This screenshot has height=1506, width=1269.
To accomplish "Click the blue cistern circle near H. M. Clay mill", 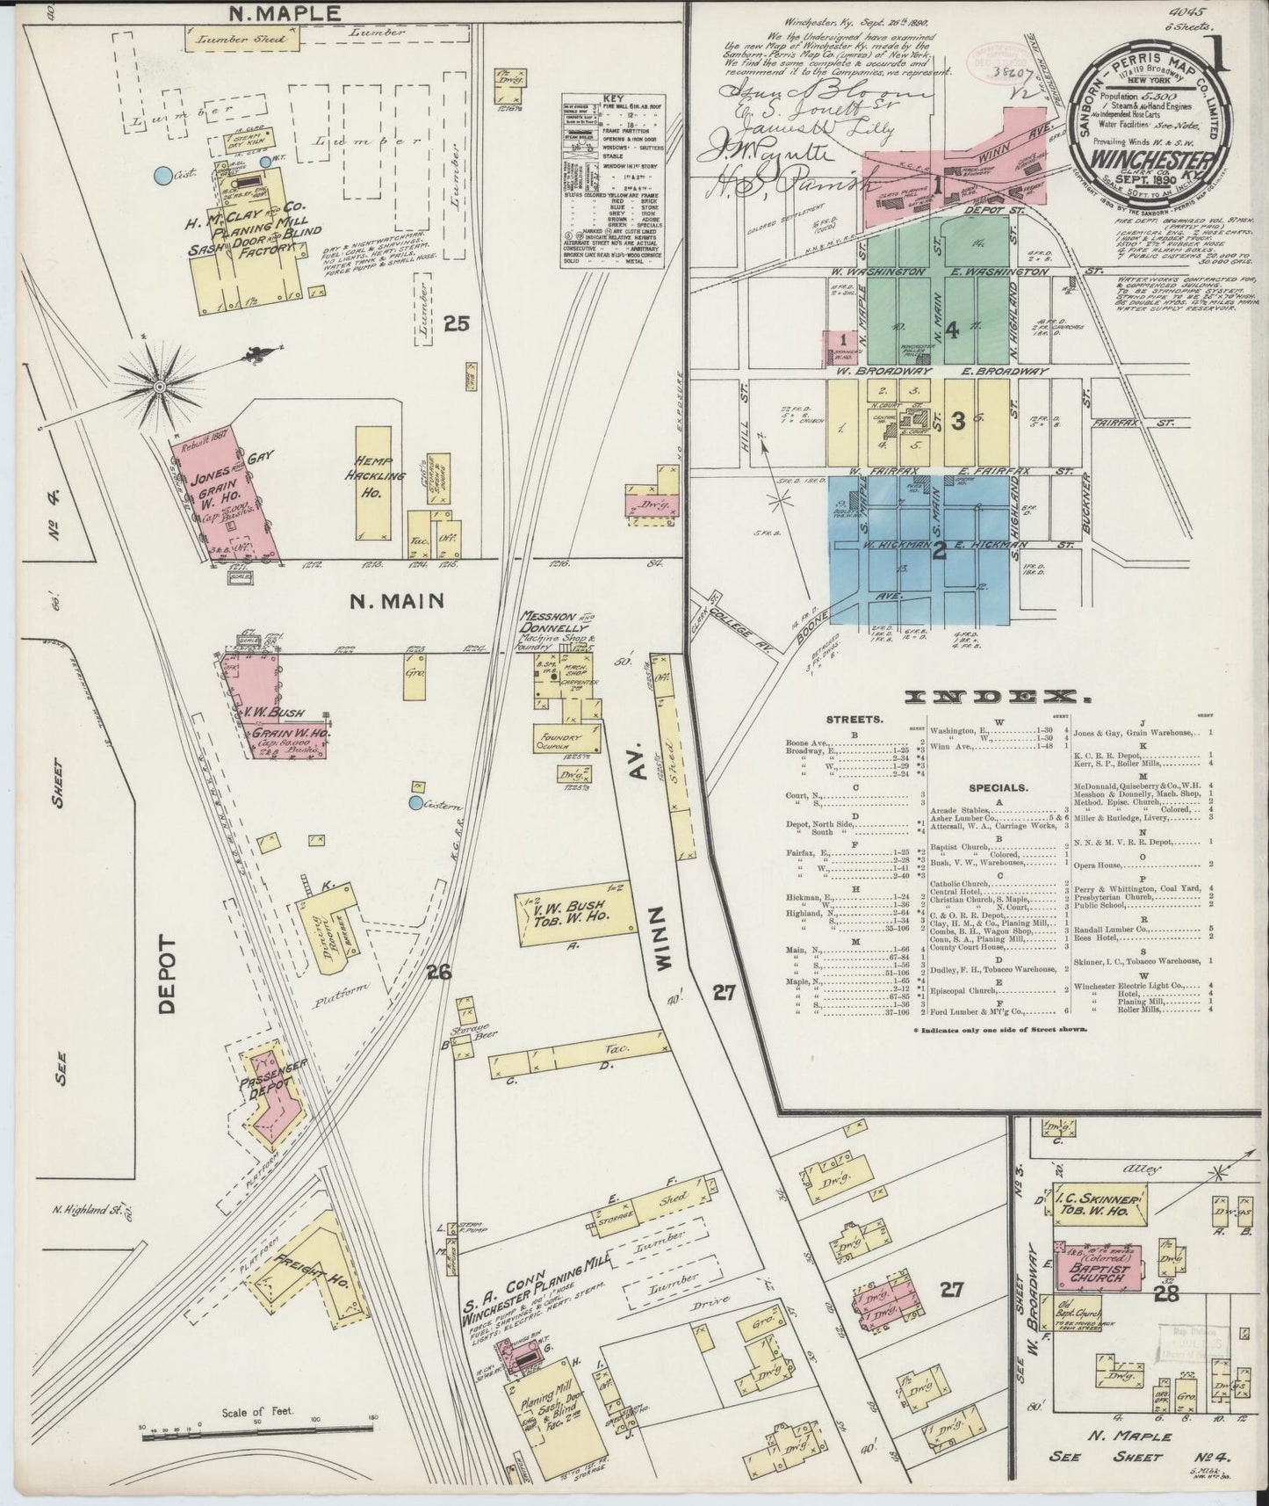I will (161, 176).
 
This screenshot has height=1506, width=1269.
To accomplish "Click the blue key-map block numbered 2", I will (938, 550).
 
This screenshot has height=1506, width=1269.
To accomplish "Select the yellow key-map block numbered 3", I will (957, 422).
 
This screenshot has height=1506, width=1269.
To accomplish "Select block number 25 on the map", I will (457, 324).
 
